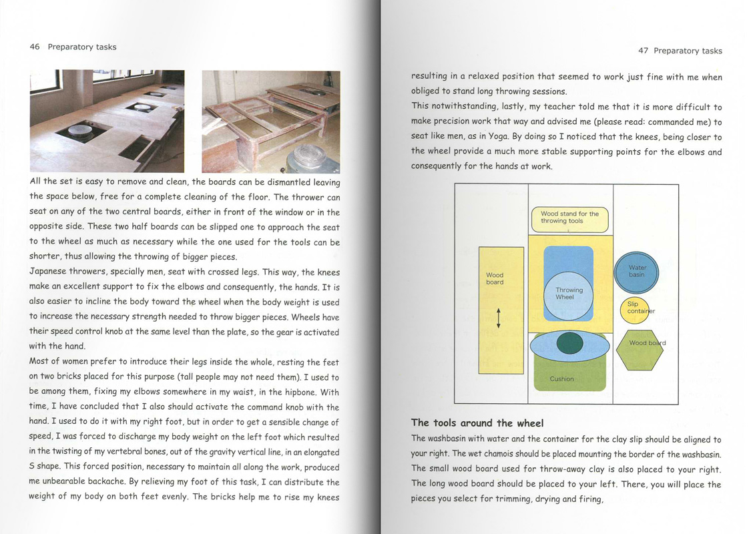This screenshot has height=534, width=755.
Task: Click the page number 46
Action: (35, 47)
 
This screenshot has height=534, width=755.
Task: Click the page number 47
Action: (644, 51)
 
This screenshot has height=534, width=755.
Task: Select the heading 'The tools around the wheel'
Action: (477, 423)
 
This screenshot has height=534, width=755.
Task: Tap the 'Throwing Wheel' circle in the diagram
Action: (569, 294)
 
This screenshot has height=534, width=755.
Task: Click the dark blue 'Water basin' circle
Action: (637, 271)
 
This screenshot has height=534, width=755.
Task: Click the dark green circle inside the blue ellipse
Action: (569, 344)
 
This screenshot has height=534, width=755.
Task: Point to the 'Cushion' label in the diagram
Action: (561, 379)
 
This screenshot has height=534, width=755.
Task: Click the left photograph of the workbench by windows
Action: (107, 121)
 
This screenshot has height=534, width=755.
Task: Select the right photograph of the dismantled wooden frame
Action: (270, 121)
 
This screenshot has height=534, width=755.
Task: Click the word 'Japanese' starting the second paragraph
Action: (51, 272)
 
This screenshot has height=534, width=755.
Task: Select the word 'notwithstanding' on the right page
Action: (465, 107)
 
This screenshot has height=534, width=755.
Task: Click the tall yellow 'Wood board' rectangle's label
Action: (495, 278)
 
